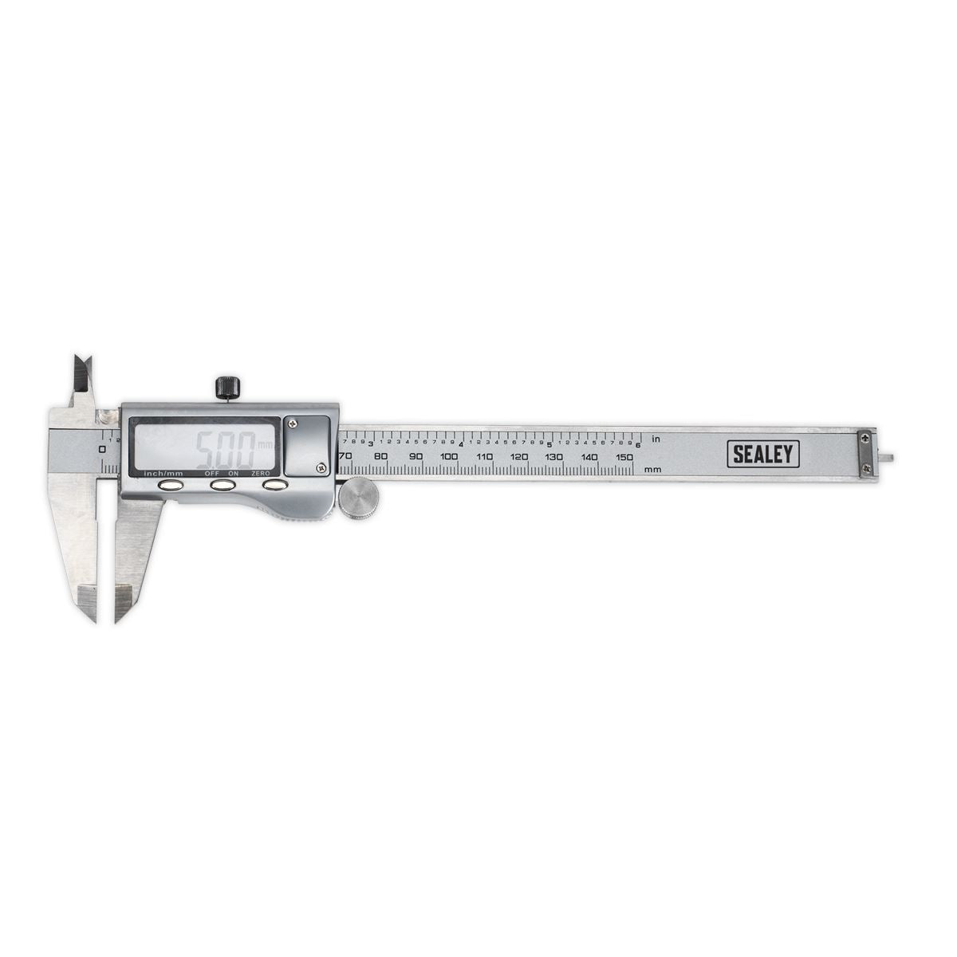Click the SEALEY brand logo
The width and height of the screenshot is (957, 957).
point(763,454)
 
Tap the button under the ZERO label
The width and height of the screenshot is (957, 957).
point(274,485)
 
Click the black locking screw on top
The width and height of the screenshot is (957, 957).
point(227,388)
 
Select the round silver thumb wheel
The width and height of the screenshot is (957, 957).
point(358,500)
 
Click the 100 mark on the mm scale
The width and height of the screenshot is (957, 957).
point(448,457)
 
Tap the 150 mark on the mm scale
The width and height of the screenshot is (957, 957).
point(624,457)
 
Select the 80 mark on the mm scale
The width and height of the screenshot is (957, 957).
point(380,457)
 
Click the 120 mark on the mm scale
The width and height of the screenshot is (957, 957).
point(519,457)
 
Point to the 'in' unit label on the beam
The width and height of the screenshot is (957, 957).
point(656,439)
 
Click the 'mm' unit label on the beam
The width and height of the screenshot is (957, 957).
point(653,469)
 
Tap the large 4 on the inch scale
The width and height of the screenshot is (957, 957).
point(462,443)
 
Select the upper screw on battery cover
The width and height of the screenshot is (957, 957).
point(294,423)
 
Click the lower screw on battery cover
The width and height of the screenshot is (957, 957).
point(321,467)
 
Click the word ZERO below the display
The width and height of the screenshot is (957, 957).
point(260,474)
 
